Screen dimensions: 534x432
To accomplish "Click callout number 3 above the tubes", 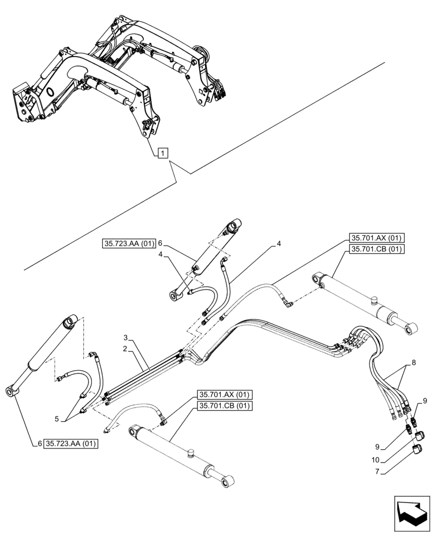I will pyautogui.click(x=125, y=338).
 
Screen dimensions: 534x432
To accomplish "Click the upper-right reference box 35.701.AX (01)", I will pyautogui.click(x=377, y=238).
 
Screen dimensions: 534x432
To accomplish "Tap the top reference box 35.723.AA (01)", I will pyautogui.click(x=128, y=244).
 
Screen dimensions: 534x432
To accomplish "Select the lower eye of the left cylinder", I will pyautogui.click(x=12, y=393).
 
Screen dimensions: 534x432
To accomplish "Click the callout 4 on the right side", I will pyautogui.click(x=279, y=244).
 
